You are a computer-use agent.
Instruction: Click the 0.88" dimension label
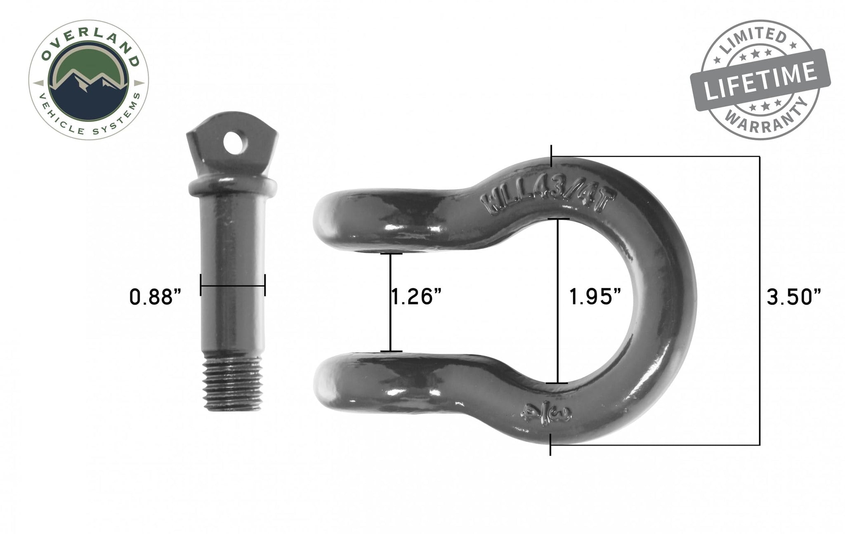tap(155, 297)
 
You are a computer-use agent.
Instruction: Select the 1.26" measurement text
tap(416, 297)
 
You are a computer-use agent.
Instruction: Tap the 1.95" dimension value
tap(595, 297)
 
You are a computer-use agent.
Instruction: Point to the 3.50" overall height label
tap(793, 297)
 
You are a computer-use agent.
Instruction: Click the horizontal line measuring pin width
tap(233, 285)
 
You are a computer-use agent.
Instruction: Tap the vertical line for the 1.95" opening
tap(558, 300)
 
